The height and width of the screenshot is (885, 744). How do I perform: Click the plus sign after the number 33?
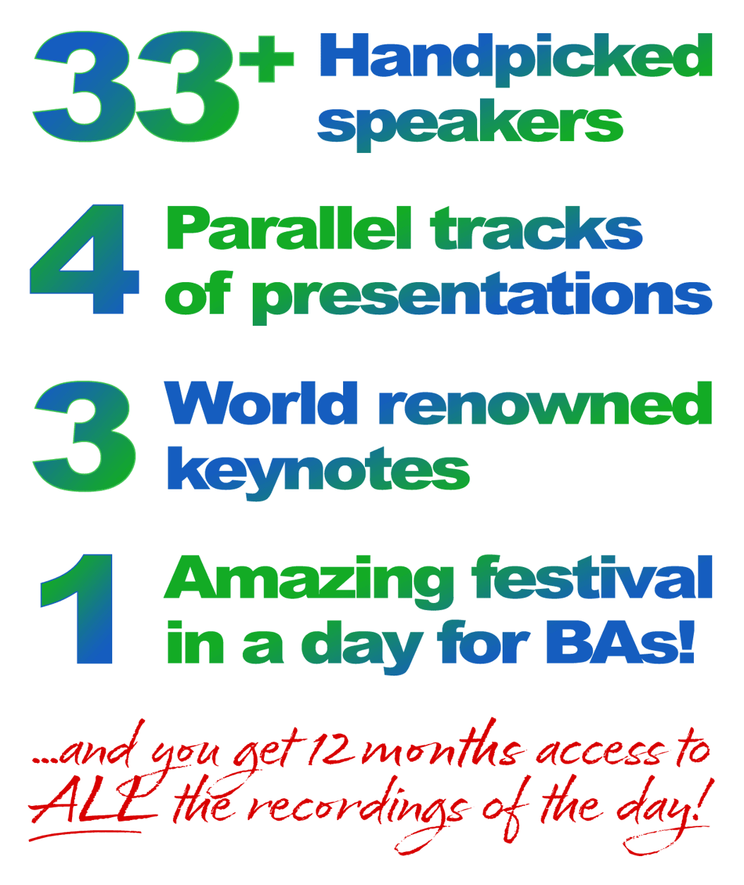click(267, 59)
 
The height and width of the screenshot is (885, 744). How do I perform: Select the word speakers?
click(470, 125)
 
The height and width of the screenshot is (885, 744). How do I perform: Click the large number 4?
click(85, 259)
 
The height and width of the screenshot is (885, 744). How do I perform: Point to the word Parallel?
click(289, 227)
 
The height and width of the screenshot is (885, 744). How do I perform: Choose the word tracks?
click(536, 228)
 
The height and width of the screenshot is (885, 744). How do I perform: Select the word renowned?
click(546, 403)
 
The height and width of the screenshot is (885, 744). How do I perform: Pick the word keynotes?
click(318, 472)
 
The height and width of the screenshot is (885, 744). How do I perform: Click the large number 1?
click(77, 609)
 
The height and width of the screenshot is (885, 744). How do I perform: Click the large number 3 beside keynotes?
click(85, 436)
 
